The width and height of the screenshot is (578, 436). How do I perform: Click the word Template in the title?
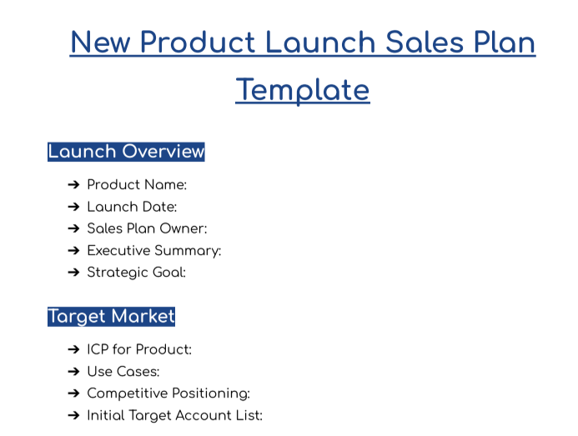(x=302, y=89)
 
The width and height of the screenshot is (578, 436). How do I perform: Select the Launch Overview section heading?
(x=126, y=152)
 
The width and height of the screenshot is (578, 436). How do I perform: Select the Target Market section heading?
(x=111, y=317)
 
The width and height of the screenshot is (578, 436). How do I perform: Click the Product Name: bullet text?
(x=137, y=185)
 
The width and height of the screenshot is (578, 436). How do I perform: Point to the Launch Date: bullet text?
(x=132, y=207)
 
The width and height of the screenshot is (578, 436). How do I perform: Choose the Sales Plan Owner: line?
(x=147, y=228)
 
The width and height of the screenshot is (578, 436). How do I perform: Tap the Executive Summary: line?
(x=153, y=250)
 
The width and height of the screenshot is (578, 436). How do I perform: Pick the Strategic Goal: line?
(x=136, y=272)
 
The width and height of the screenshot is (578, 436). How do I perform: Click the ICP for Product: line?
(x=139, y=350)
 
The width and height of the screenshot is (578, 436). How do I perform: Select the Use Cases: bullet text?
(x=123, y=372)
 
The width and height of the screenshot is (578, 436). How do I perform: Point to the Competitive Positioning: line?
(x=168, y=393)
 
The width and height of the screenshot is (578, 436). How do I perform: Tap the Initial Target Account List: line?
(x=174, y=415)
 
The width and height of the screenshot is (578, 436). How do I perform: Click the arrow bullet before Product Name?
(x=73, y=185)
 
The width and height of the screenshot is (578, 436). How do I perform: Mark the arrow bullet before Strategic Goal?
(x=73, y=272)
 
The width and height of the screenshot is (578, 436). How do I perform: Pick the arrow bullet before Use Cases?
(x=73, y=372)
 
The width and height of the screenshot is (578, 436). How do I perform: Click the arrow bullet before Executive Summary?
(x=73, y=250)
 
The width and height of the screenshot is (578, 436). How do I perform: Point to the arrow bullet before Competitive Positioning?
(x=73, y=393)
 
